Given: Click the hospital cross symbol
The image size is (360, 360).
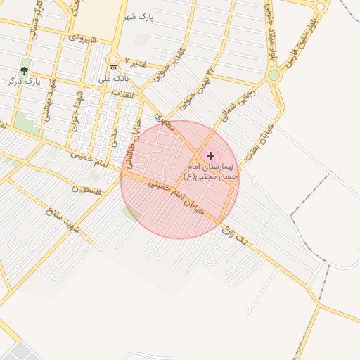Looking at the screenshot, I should (210, 155).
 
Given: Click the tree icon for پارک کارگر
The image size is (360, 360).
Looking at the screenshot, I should (25, 70).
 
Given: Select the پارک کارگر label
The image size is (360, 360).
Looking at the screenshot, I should (25, 82).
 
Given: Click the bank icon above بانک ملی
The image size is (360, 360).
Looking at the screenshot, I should (113, 67).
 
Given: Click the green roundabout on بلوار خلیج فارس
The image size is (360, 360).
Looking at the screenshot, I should (274, 75).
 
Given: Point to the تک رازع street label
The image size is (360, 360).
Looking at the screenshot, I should (233, 236).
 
